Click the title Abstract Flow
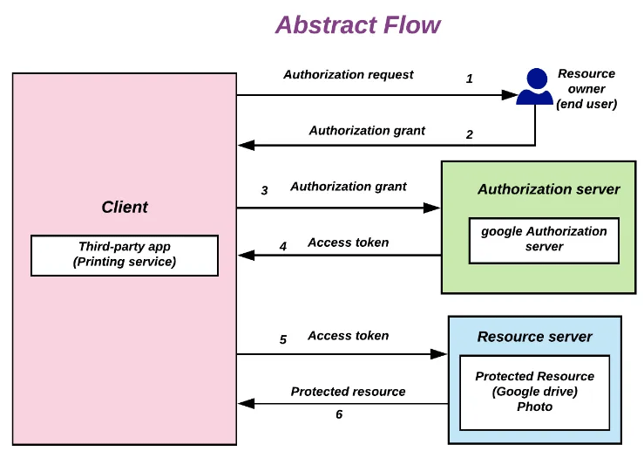coord(357,24)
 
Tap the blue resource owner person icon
coord(534,87)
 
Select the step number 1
coord(470,79)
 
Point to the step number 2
coord(470,134)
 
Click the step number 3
coord(264,190)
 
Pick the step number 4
coord(283,247)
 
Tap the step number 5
coord(283,339)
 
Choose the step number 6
coord(339,414)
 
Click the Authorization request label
coord(349,75)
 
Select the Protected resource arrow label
coord(348,392)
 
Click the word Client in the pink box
coord(125,207)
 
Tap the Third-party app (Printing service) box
coord(125,255)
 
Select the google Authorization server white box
coord(544,239)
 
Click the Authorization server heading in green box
coord(548,189)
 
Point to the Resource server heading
coord(534,337)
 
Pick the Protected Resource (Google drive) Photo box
coord(535,392)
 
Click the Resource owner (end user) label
coord(586,89)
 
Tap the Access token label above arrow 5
coord(348,336)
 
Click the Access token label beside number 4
coord(348,243)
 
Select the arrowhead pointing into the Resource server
coord(439,354)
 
